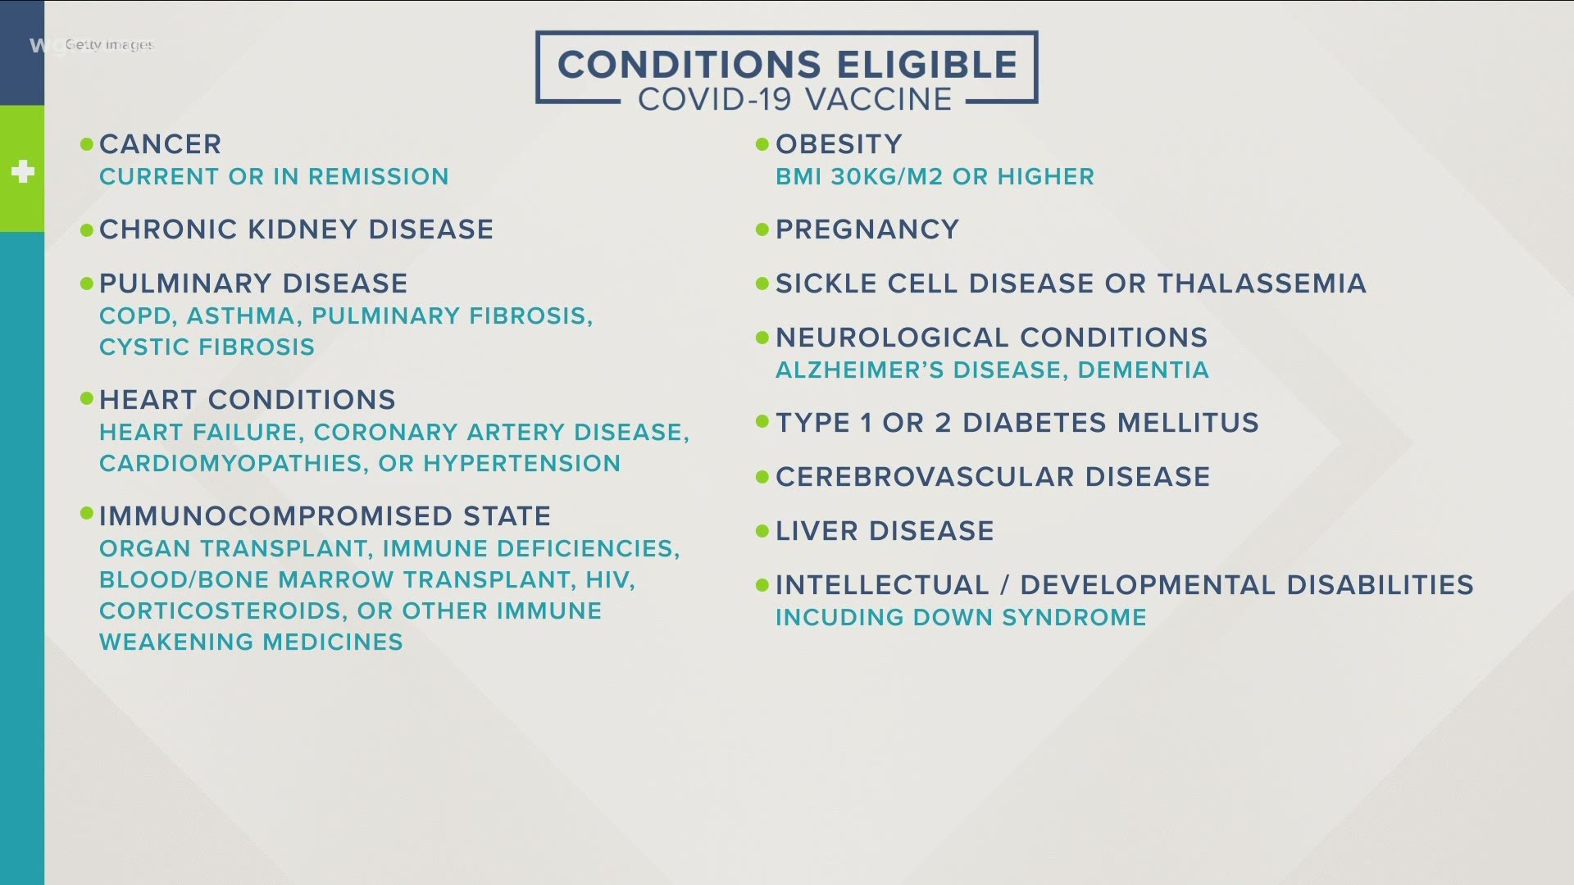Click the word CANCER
tap(161, 144)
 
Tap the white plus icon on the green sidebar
tap(23, 171)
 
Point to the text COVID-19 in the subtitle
tap(715, 99)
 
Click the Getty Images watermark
tap(109, 45)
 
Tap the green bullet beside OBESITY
tap(762, 144)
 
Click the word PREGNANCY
tap(867, 229)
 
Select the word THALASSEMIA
tap(1262, 284)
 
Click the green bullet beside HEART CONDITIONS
tap(87, 399)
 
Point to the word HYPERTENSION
tap(522, 463)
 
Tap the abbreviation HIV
tap(610, 580)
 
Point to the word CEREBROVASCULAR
tap(925, 477)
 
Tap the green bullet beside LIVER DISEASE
tap(762, 531)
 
